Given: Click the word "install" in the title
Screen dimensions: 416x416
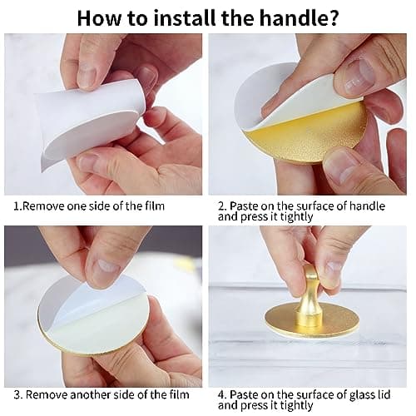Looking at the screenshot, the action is tap(185, 17).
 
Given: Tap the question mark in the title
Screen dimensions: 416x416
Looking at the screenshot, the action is tap(333, 17).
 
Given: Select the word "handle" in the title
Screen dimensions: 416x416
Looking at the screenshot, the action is tap(293, 17).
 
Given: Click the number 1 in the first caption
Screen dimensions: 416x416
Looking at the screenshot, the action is tap(16, 206).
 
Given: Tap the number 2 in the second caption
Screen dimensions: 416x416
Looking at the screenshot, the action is tap(222, 206).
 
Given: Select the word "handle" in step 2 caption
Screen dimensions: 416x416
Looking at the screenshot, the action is tap(367, 206).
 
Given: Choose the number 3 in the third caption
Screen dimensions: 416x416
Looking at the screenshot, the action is tap(17, 395).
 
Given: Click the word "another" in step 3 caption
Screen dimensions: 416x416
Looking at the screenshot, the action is tap(88, 395).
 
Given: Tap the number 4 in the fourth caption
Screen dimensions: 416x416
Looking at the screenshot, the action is tap(222, 395).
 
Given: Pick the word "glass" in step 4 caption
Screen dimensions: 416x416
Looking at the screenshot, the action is tap(361, 395).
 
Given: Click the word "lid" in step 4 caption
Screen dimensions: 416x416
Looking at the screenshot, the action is tap(384, 395).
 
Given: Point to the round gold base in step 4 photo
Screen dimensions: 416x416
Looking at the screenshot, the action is tap(311, 319).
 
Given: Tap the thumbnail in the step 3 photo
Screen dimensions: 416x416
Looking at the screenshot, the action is tap(107, 265).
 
